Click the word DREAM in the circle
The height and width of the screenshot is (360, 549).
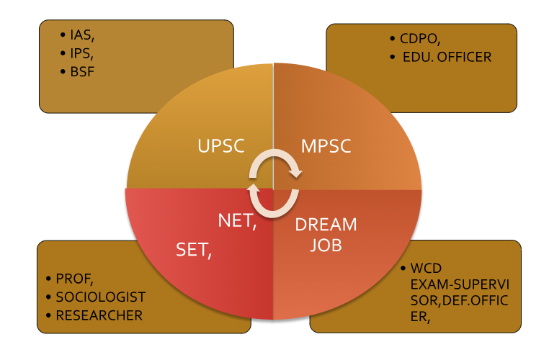[326, 225]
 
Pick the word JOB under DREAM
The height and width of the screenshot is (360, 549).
[326, 245]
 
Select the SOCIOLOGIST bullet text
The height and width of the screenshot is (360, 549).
[100, 297]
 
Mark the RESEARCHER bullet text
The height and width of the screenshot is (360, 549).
[99, 315]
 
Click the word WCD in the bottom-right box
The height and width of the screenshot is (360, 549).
[425, 269]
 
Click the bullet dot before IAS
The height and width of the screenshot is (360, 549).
[63, 34]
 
